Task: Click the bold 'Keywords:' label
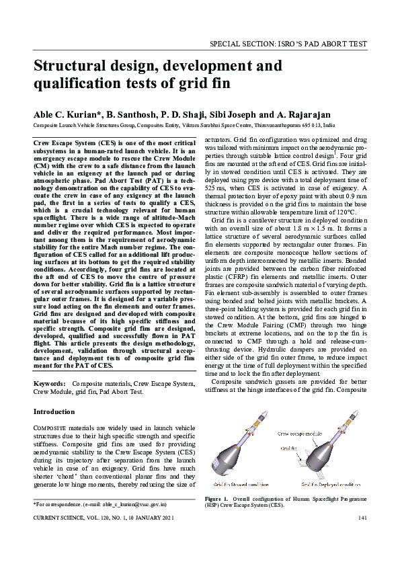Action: click(50, 383)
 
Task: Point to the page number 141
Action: click(362, 518)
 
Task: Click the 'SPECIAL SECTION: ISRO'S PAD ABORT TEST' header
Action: click(288, 44)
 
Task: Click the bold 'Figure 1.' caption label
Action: click(216, 499)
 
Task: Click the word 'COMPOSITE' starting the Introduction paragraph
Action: click(50, 428)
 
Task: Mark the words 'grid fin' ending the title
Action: click(205, 85)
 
